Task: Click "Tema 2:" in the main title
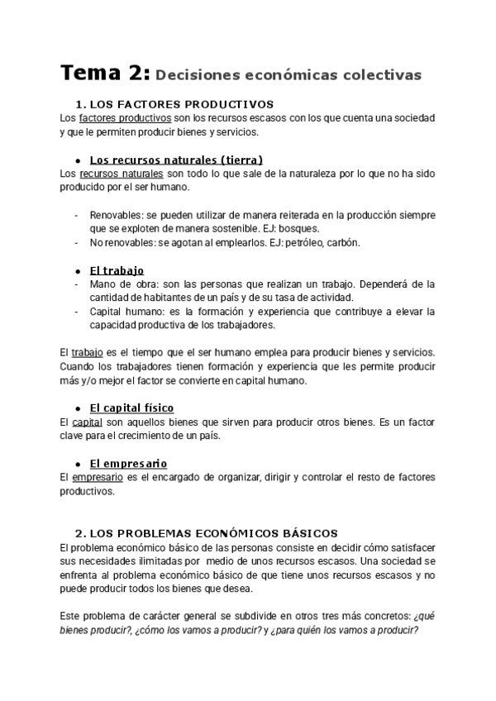104,74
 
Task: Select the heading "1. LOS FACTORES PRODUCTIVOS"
174,104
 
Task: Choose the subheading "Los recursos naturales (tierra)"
176,160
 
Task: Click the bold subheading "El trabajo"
117,270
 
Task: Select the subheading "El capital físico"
131,408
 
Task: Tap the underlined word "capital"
90,422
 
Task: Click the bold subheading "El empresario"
128,464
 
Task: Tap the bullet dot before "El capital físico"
77,408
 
